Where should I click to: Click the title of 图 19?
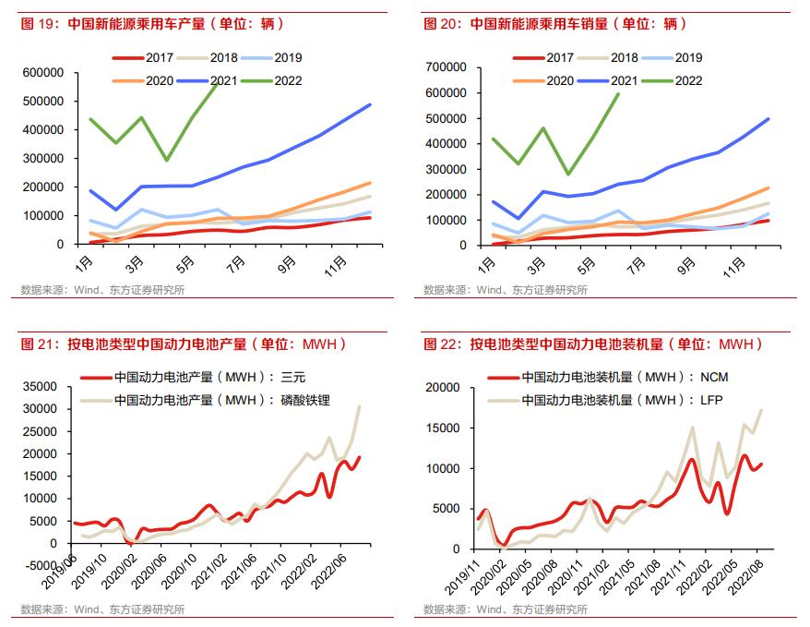coord(153,24)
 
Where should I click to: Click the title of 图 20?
coord(555,24)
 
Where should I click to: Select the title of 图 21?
coord(185,344)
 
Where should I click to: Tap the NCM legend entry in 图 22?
coord(609,378)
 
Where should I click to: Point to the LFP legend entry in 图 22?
coord(608,401)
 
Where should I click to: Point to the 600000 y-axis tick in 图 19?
coord(43,73)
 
